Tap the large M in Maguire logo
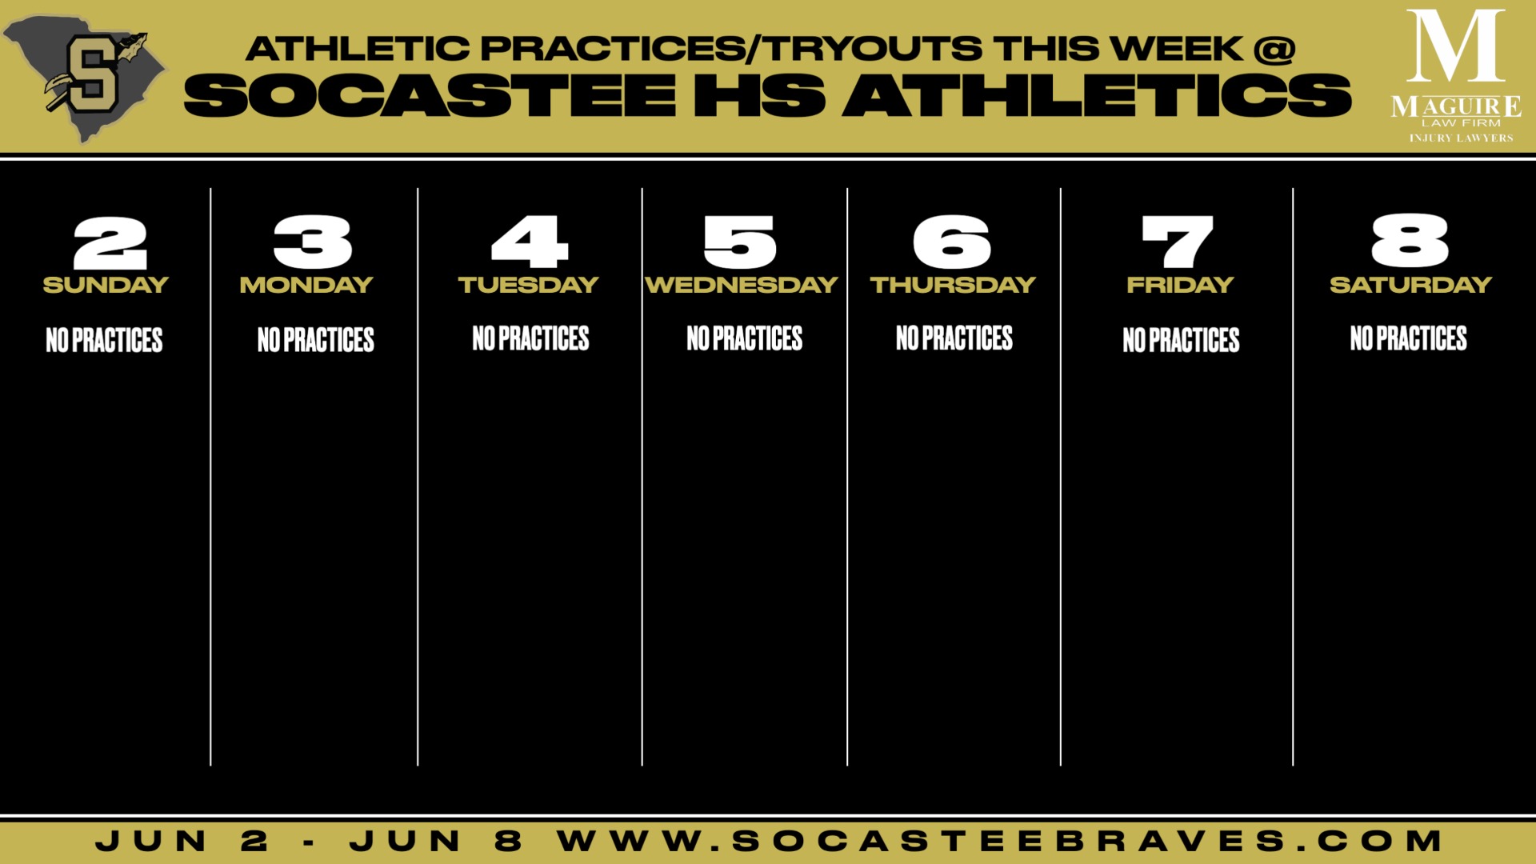[1455, 46]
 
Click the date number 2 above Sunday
[110, 242]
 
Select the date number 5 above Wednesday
[740, 242]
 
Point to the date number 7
[1178, 242]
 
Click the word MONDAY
[306, 285]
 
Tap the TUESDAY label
[528, 285]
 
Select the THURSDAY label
[953, 285]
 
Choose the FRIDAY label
[1180, 285]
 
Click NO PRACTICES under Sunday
[104, 340]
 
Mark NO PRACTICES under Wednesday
[744, 338]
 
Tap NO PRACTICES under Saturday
[1408, 338]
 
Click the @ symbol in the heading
[1274, 49]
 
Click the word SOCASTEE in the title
[430, 95]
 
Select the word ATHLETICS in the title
[1097, 95]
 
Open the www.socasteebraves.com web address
[1000, 841]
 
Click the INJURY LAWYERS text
[1461, 138]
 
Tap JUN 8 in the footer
[436, 841]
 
